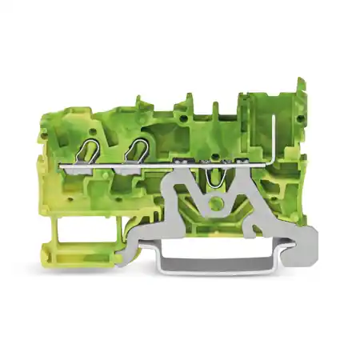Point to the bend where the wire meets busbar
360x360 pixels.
point(272,166)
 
